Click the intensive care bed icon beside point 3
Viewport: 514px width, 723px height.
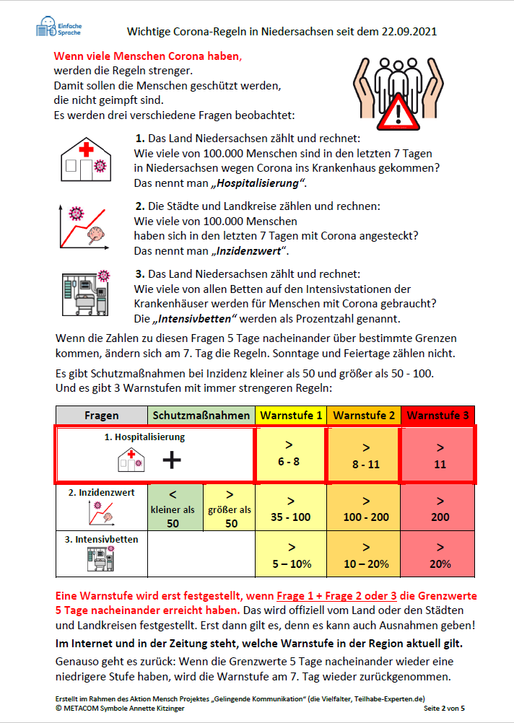point(85,294)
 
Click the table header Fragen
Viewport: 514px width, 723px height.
point(101,416)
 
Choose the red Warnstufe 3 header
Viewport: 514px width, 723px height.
point(436,416)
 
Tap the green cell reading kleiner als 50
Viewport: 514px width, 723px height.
point(173,509)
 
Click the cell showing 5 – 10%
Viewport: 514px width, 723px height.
point(290,555)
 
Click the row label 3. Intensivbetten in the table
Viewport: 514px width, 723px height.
point(101,539)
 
